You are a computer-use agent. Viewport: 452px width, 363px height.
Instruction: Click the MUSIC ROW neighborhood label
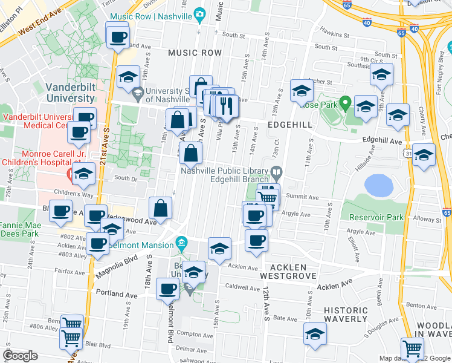195,53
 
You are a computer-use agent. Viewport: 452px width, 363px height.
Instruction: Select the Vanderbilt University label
70,92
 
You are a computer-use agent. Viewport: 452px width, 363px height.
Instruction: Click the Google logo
20,356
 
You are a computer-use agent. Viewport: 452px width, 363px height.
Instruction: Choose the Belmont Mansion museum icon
181,244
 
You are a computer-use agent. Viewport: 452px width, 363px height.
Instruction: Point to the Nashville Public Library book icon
276,174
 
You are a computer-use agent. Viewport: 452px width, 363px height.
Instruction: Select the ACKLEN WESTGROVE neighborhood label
288,271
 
